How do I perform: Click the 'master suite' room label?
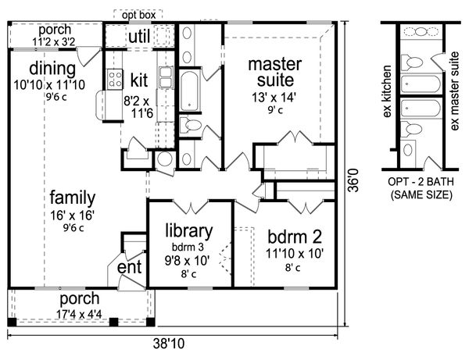pyautogui.click(x=274, y=71)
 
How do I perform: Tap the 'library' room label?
pyautogui.click(x=188, y=231)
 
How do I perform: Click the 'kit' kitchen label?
pyautogui.click(x=140, y=79)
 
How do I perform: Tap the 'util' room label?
pyautogui.click(x=138, y=36)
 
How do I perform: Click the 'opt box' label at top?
pyautogui.click(x=138, y=15)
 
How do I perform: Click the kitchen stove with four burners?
pyautogui.click(x=114, y=78)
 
